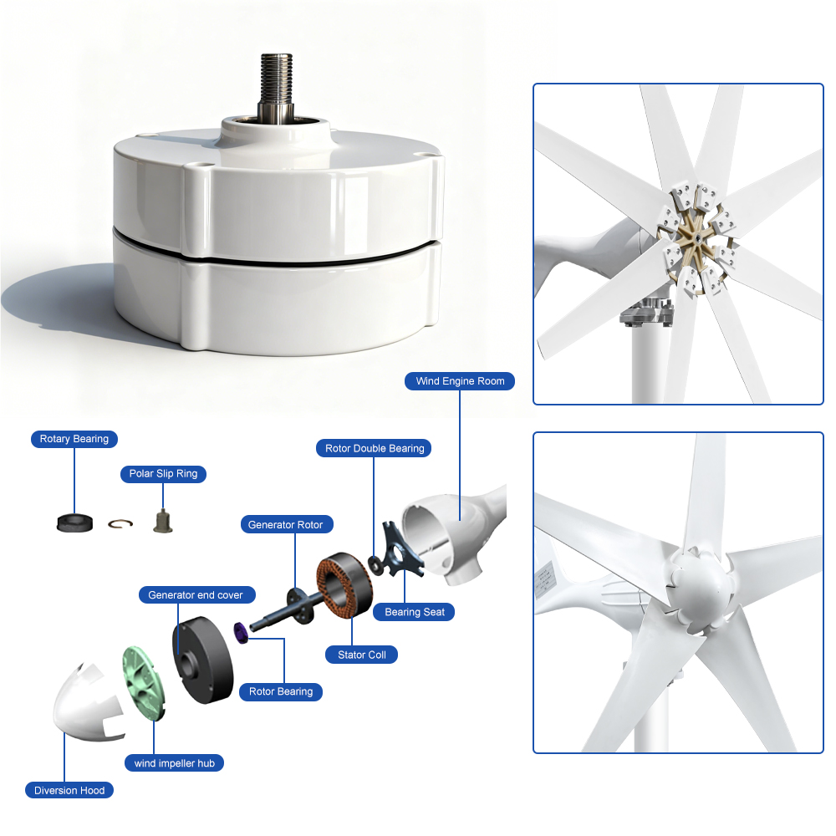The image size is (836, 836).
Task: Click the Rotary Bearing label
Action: click(x=74, y=439)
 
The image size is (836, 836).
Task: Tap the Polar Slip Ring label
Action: click(x=163, y=473)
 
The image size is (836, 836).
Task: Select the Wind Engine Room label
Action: click(x=460, y=380)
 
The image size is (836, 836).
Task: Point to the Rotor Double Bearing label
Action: click(x=374, y=448)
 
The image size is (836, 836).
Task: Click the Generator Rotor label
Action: click(x=287, y=524)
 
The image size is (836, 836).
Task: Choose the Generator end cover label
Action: click(x=196, y=594)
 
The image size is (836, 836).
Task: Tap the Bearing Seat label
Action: click(x=414, y=612)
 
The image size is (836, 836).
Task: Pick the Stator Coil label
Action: click(x=361, y=655)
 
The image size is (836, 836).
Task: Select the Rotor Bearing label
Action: click(x=280, y=691)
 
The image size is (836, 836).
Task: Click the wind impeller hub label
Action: click(x=175, y=763)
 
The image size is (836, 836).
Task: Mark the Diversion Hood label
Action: click(x=69, y=790)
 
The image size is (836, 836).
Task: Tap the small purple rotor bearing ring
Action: click(x=241, y=632)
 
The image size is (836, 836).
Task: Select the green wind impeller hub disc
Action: click(x=143, y=684)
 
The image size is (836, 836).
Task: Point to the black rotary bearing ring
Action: click(x=74, y=523)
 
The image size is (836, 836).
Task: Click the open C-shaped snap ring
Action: click(x=120, y=524)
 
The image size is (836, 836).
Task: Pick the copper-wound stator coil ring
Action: click(x=344, y=585)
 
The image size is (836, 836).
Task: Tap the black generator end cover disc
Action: click(x=202, y=660)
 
